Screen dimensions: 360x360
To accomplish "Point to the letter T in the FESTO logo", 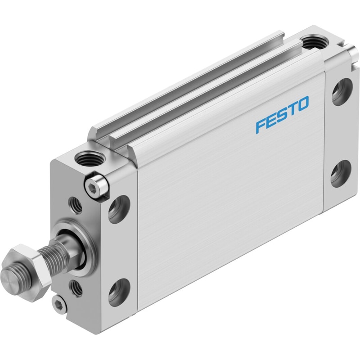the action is click(x=291, y=110).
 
